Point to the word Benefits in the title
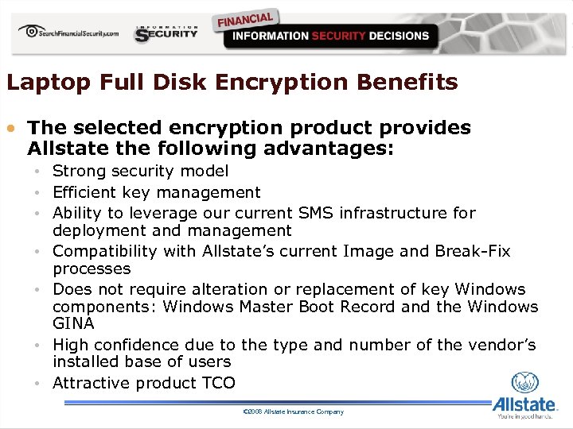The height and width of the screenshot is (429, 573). [408, 83]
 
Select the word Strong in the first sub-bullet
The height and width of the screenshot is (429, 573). [79, 171]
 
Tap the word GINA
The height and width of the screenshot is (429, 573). [73, 323]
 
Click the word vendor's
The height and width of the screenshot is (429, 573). [503, 345]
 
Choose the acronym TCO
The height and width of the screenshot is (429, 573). [217, 383]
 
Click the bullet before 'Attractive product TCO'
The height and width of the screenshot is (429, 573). [37, 383]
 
